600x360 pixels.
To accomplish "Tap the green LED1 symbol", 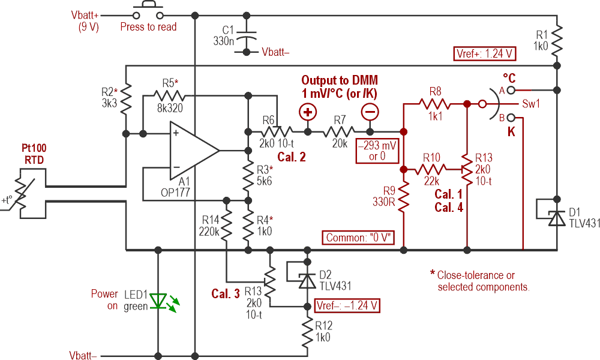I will [x=158, y=301].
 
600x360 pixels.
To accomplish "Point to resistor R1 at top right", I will [x=557, y=39].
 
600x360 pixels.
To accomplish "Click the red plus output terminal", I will [x=308, y=112].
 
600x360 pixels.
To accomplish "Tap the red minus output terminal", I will [x=370, y=112].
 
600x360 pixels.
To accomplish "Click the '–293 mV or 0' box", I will [x=375, y=151].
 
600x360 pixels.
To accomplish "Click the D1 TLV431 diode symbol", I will [x=557, y=216].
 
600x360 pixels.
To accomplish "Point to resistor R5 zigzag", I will [x=170, y=95].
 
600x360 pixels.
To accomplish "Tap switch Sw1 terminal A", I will [x=509, y=91].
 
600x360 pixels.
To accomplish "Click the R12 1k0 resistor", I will [x=308, y=330].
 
